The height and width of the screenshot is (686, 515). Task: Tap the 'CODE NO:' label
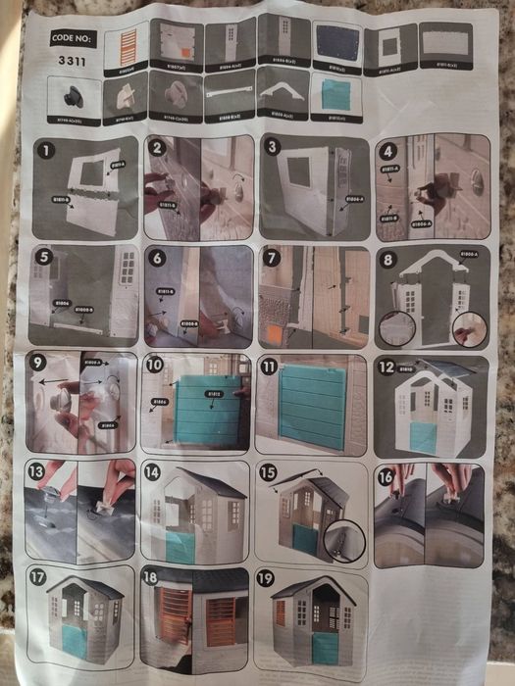[73, 39]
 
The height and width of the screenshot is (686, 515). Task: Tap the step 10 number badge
[155, 365]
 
